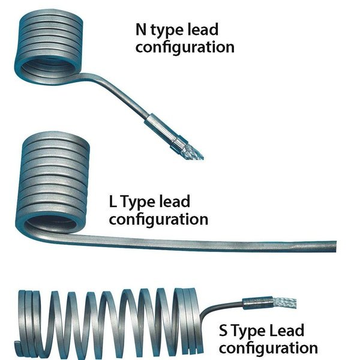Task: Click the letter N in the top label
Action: [142, 28]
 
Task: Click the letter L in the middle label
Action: [115, 202]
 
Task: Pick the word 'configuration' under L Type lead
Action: [158, 220]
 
